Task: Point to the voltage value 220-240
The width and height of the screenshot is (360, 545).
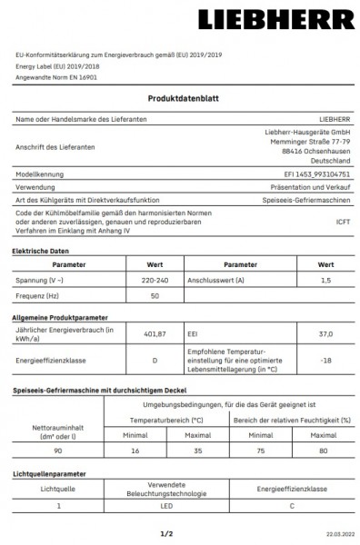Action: click(155, 281)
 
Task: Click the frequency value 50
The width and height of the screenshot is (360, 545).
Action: click(155, 296)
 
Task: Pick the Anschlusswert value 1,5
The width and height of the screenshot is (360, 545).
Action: click(325, 281)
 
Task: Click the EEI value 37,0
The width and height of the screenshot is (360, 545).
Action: click(325, 334)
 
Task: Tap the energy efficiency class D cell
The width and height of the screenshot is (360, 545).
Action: click(155, 361)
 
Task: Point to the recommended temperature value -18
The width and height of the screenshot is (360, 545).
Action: click(325, 361)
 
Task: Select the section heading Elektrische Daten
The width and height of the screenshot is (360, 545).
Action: click(42, 250)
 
